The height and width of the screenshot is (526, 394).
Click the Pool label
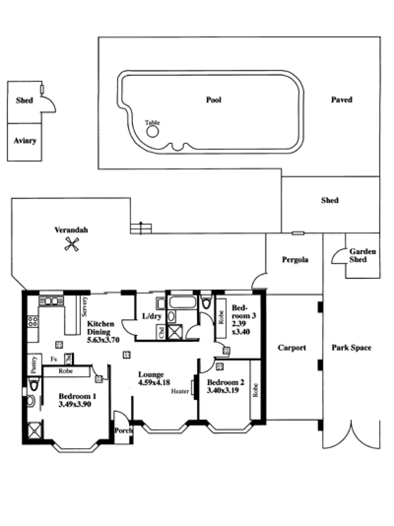pos(214,99)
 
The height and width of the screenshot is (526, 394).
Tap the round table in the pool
pos(153,131)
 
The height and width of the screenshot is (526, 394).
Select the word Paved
pos(342,99)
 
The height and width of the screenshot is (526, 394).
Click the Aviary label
pos(25,141)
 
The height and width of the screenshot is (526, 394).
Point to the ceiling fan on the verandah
pos(71,244)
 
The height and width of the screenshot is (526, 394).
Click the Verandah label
pos(71,230)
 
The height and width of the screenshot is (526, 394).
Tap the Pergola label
pos(295,260)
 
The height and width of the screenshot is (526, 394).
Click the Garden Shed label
pos(362,255)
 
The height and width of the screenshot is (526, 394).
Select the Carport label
pos(292,348)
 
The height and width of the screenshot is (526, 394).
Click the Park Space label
pos(352,348)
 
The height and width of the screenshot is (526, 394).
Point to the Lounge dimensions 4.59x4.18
pos(154,382)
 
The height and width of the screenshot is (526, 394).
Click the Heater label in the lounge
pos(180,391)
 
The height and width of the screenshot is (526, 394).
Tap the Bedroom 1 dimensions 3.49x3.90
pos(74,404)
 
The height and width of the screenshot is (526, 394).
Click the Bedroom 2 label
pos(226,382)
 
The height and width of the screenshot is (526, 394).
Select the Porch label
pos(124,430)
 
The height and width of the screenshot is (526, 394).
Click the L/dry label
pos(152,316)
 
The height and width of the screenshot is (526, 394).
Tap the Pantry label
pos(33,364)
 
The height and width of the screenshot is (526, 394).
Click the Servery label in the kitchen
pos(85,307)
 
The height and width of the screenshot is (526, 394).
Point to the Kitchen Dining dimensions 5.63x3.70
pos(103,340)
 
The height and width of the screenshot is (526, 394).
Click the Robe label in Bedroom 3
pos(221,317)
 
